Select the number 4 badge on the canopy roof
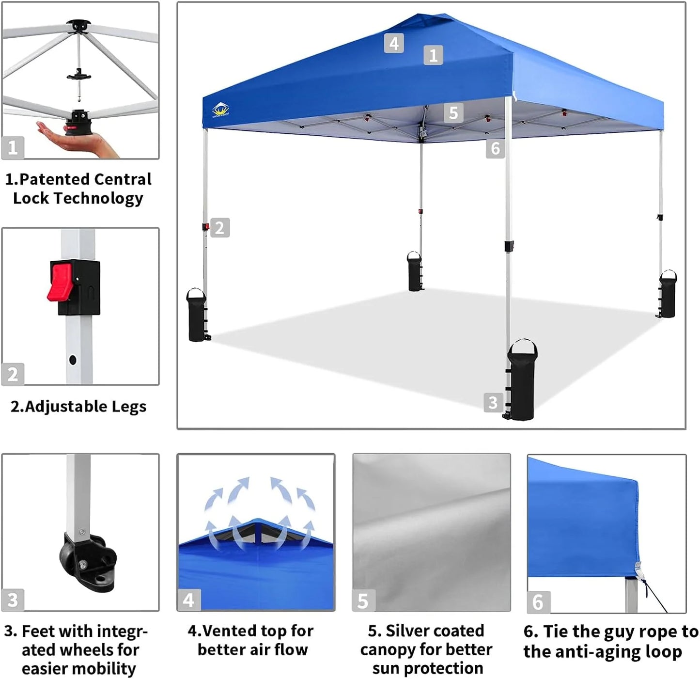click(x=394, y=44)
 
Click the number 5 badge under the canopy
click(x=453, y=113)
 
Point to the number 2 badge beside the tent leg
click(x=220, y=228)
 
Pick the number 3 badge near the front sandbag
click(x=493, y=402)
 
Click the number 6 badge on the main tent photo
click(x=495, y=148)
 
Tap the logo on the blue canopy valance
click(x=221, y=111)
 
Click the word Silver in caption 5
click(x=408, y=631)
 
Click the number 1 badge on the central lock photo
click(x=13, y=147)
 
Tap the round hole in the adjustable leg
click(x=73, y=360)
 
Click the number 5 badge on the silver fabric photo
click(x=363, y=601)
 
